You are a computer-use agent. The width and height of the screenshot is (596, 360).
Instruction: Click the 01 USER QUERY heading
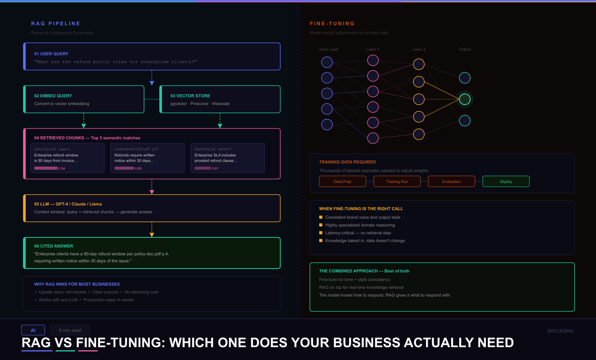point(51,54)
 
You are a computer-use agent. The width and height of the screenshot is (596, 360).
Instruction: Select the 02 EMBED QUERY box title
point(53,96)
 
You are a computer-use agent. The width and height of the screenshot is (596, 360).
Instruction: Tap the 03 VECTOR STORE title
point(190,96)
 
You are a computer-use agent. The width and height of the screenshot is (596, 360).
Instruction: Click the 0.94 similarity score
point(62,169)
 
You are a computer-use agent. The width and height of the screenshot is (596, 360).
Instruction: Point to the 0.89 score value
point(138,169)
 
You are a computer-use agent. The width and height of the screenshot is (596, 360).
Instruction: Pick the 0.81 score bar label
point(215,169)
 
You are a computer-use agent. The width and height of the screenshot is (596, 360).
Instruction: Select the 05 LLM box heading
point(68,204)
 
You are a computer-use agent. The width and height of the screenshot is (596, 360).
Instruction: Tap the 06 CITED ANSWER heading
point(54,246)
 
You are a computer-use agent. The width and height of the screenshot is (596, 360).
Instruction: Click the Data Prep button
point(343,181)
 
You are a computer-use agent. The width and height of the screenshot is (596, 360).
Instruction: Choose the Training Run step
point(397,181)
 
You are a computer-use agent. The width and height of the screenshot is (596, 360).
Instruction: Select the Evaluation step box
point(452,181)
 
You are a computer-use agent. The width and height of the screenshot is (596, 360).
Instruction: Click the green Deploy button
point(506,181)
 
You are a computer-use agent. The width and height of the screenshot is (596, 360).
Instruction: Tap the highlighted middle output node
point(465,99)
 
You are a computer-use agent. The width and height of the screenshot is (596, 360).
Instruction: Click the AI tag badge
point(33,330)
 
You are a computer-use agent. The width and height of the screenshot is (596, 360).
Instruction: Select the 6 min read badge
point(70,330)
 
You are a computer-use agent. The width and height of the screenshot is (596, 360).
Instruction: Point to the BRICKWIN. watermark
point(561,331)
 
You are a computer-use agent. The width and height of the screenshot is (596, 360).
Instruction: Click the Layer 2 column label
point(419,49)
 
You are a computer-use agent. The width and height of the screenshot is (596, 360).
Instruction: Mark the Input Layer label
point(329,49)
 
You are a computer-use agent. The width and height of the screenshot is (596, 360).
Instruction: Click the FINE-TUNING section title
point(332,24)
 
